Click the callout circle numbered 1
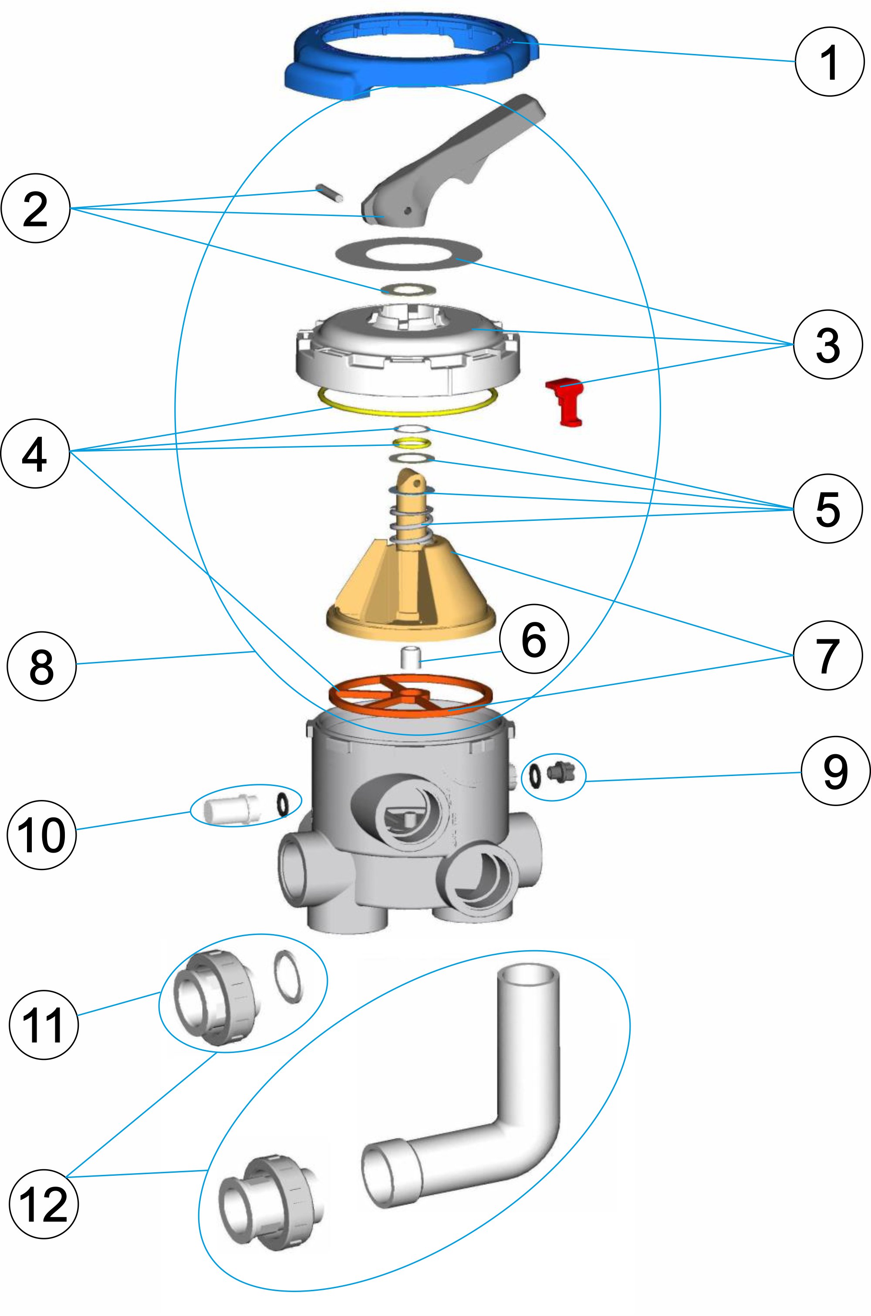click(x=829, y=62)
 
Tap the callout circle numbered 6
click(x=534, y=639)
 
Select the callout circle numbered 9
click(x=835, y=771)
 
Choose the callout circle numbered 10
click(x=41, y=834)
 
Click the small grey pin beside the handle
click(x=329, y=194)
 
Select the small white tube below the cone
click(x=411, y=657)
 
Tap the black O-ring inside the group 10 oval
click(x=282, y=803)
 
